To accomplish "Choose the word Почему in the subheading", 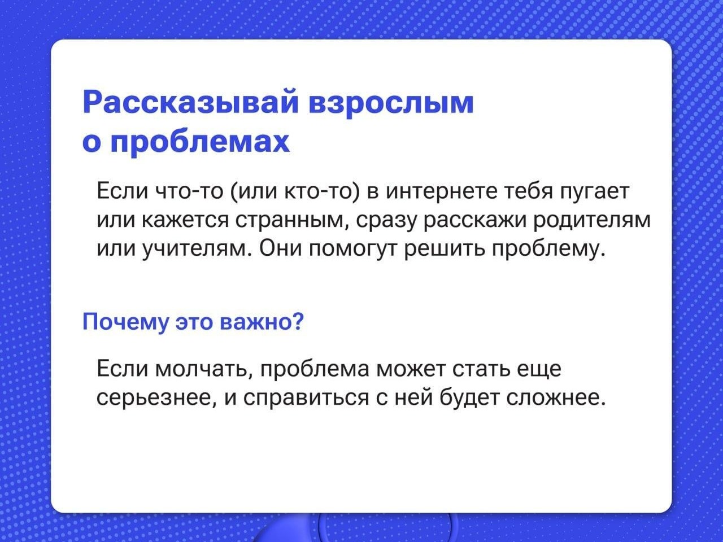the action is (x=125, y=322).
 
